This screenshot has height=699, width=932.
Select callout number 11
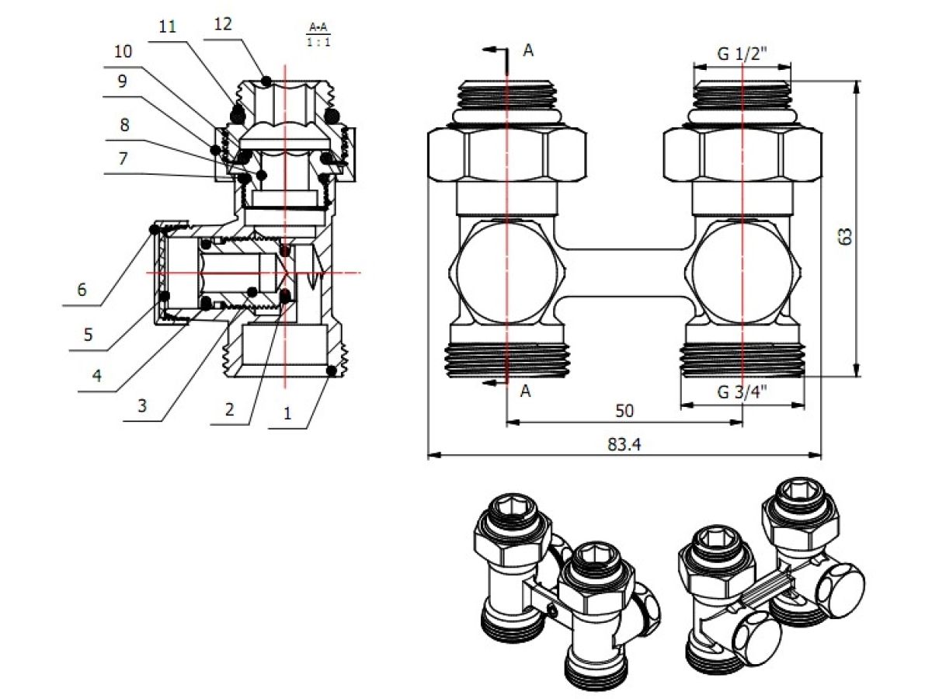coord(166,26)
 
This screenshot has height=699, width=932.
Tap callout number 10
coord(123,53)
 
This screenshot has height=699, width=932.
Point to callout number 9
coord(123,81)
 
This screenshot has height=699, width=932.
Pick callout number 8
coord(123,124)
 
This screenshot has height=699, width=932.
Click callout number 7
coord(123,158)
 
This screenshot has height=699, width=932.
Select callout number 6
coord(82,290)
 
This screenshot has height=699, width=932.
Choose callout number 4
coord(96,375)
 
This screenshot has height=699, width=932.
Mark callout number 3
coord(141,405)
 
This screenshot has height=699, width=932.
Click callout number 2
coord(229,409)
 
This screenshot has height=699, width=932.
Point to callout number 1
coord(287,414)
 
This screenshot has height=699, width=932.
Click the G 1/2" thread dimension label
coord(742,55)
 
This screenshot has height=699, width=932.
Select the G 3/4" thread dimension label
coord(742,391)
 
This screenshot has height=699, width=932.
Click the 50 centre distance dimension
coord(624,409)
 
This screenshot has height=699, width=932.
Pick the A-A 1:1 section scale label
coord(318,35)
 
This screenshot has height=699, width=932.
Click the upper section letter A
coord(528,50)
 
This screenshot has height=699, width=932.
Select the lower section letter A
coord(526,391)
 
